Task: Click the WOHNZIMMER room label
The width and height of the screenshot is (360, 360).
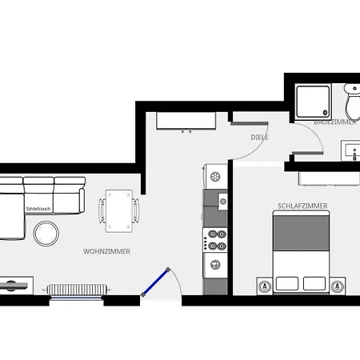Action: pyautogui.click(x=106, y=251)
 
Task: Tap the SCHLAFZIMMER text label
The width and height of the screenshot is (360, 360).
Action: pyautogui.click(x=302, y=206)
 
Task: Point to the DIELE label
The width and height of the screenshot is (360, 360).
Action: pyautogui.click(x=259, y=138)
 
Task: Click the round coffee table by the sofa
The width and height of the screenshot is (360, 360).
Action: pyautogui.click(x=46, y=232)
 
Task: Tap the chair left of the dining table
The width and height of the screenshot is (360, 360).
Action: pyautogui.click(x=102, y=210)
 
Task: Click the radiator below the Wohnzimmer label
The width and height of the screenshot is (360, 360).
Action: pyautogui.click(x=77, y=289)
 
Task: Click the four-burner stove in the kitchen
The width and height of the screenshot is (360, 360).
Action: pyautogui.click(x=215, y=239)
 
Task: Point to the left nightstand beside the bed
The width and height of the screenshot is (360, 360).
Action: pyautogui.click(x=263, y=284)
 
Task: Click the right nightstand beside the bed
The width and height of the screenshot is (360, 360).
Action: pyautogui.click(x=338, y=284)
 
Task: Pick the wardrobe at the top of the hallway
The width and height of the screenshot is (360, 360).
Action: pyautogui.click(x=186, y=121)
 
